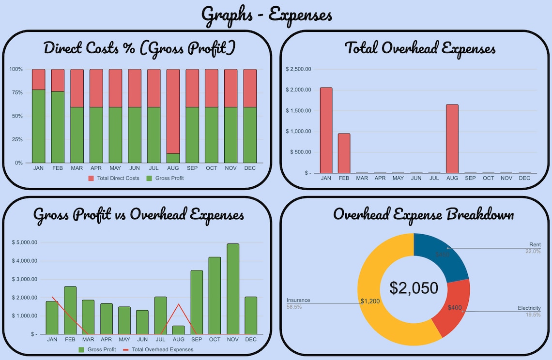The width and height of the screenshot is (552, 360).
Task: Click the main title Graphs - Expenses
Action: click(267, 15)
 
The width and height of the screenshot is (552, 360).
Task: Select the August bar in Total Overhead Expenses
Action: click(452, 139)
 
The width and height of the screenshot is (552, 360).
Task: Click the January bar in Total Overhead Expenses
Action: click(326, 130)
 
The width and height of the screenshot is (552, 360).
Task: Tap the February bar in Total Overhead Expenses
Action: click(344, 153)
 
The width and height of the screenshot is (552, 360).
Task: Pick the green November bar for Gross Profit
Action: click(233, 289)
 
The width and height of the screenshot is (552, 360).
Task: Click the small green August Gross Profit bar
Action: click(179, 330)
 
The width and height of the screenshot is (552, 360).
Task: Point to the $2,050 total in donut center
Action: click(414, 288)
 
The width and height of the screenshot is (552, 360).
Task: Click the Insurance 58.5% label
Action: click(298, 303)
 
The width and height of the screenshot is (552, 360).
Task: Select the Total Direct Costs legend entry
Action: click(114, 178)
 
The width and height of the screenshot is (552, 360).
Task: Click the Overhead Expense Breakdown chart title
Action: click(423, 214)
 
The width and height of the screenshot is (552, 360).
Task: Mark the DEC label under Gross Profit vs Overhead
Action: click(251, 340)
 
